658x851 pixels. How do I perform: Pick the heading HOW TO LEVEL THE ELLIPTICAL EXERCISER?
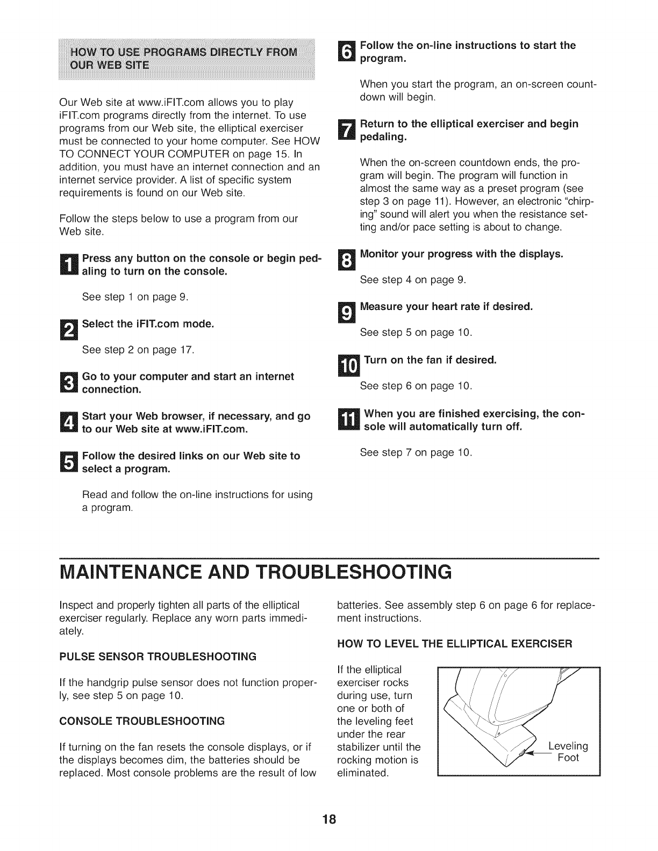(x=455, y=643)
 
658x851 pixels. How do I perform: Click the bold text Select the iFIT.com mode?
(x=148, y=324)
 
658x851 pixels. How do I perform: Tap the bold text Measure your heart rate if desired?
(x=446, y=307)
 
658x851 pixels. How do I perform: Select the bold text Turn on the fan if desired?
(x=430, y=360)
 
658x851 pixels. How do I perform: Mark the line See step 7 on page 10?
(x=416, y=452)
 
